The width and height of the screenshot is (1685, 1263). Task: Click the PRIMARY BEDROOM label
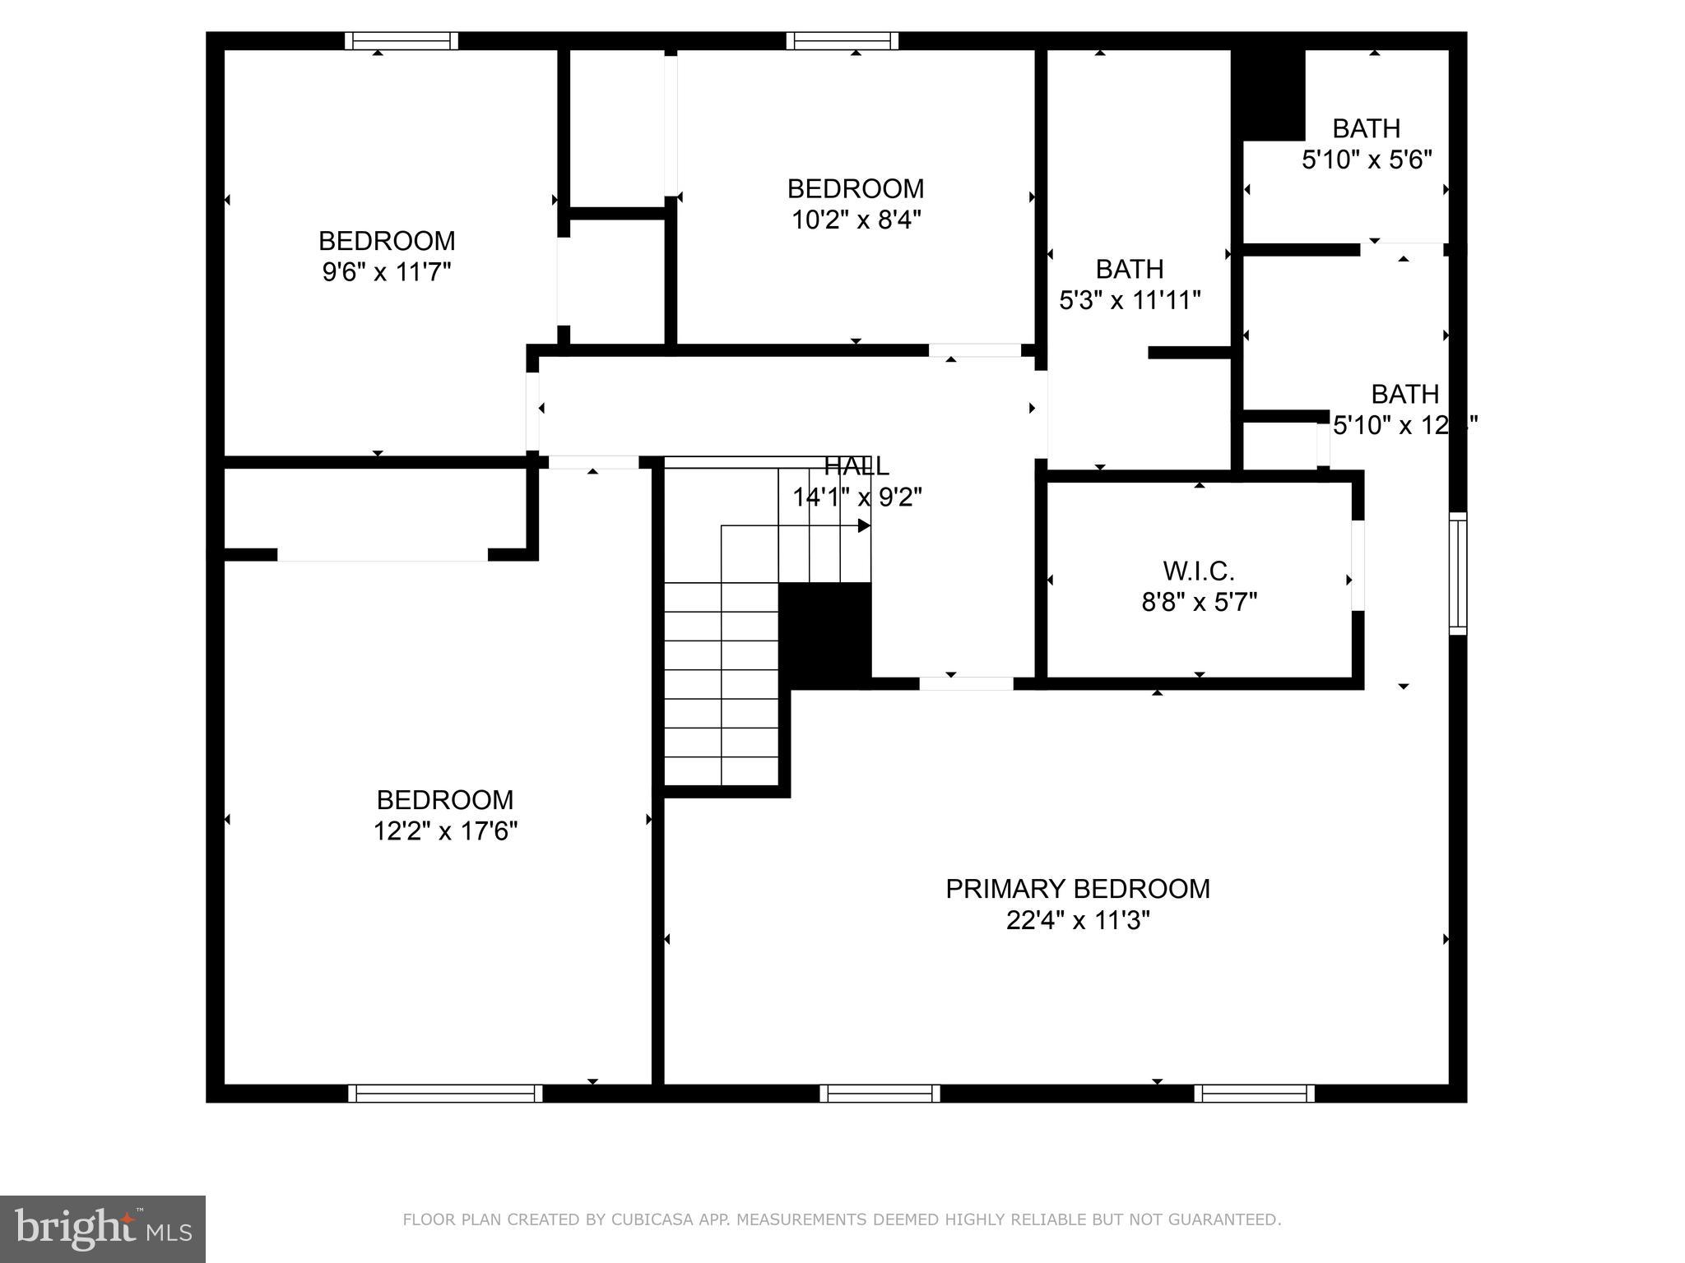click(x=1077, y=889)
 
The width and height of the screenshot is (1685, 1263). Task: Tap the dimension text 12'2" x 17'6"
click(x=445, y=831)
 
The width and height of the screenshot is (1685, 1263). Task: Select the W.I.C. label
click(x=1199, y=571)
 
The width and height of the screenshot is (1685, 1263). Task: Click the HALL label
click(x=856, y=466)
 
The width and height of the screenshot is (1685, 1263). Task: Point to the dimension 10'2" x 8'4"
click(x=856, y=220)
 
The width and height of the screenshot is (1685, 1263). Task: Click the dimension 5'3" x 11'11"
click(x=1130, y=300)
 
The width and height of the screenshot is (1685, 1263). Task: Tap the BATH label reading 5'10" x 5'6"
click(x=1366, y=129)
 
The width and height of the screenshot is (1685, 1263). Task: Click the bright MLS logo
click(x=103, y=1229)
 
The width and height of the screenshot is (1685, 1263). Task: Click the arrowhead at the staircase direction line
click(x=864, y=525)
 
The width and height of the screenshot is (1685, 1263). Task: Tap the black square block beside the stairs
click(x=824, y=635)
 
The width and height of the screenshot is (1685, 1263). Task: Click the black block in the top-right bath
click(x=1268, y=95)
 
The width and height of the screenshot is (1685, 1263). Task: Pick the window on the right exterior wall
click(x=1457, y=573)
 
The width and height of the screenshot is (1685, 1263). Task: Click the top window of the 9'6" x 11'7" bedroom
click(x=401, y=41)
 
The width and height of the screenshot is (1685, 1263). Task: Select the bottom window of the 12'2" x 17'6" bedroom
click(x=445, y=1093)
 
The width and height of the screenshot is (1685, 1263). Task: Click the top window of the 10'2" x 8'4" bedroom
click(x=842, y=41)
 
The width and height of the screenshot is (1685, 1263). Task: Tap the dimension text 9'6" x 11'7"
click(x=387, y=272)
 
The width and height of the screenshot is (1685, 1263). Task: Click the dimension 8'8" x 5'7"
click(x=1199, y=603)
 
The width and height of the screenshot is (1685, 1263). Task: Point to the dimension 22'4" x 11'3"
click(x=1077, y=920)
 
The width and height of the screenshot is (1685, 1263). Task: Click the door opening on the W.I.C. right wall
click(x=1358, y=566)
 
